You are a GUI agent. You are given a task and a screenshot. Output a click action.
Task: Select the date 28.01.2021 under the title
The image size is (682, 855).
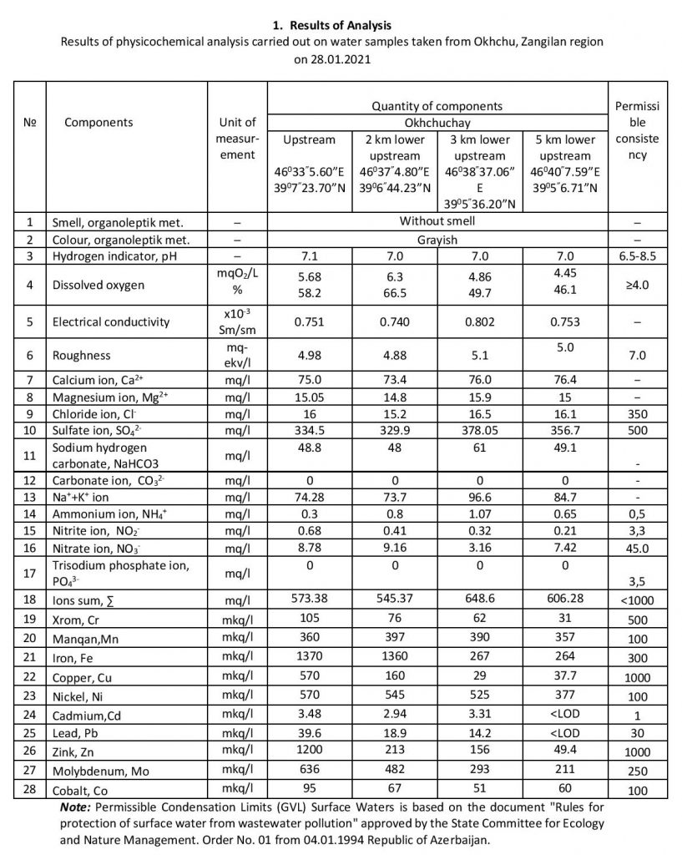pyautogui.click(x=341, y=61)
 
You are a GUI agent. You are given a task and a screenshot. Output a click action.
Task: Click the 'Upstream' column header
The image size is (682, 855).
pyautogui.click(x=310, y=139)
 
